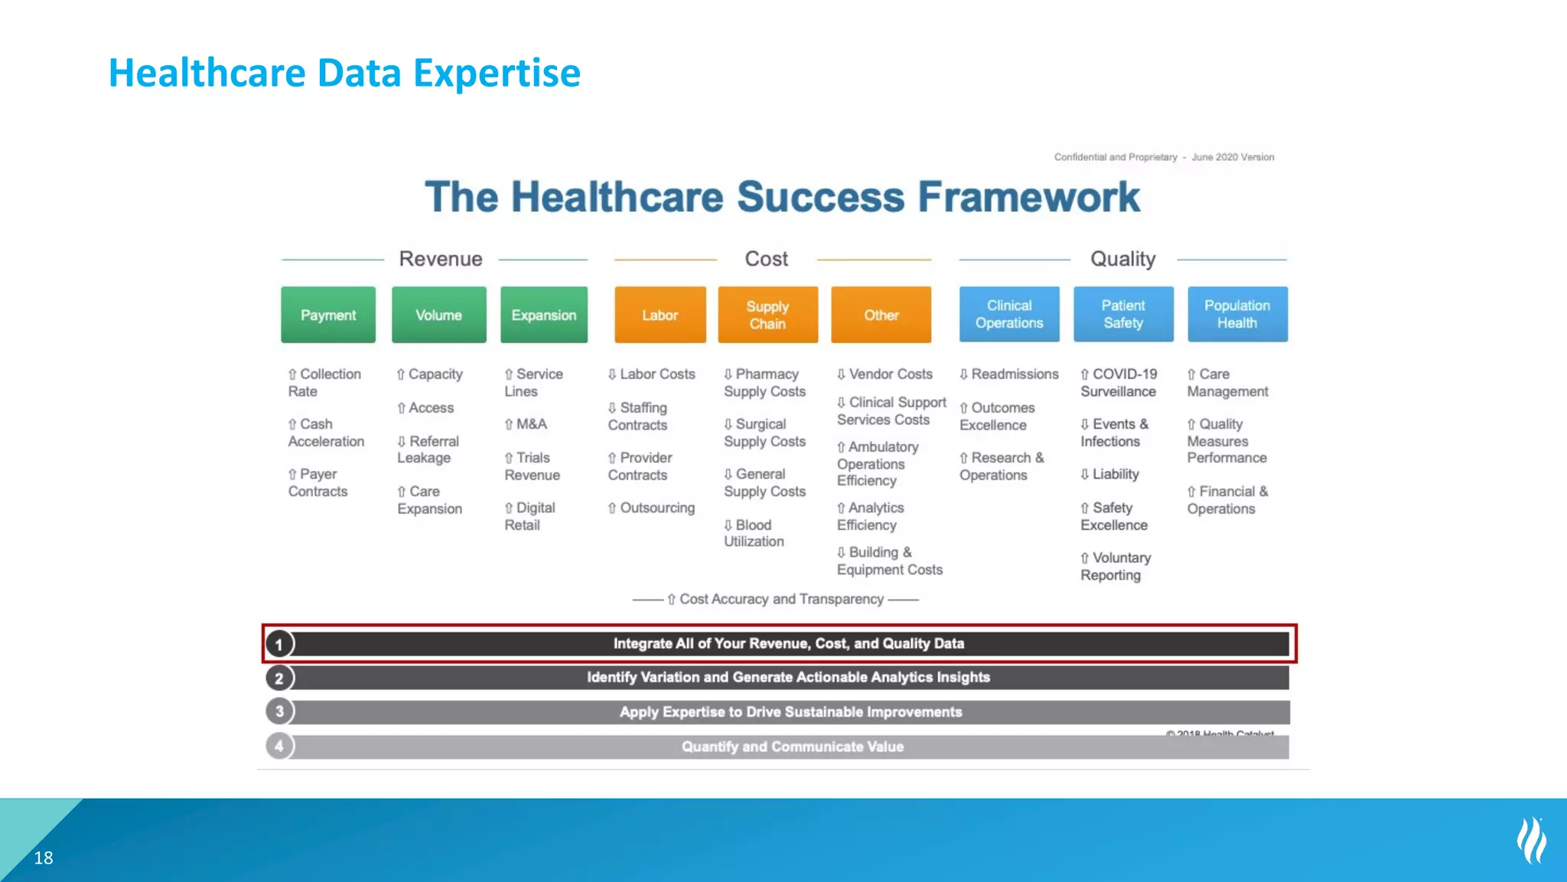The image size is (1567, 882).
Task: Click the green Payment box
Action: point(327,315)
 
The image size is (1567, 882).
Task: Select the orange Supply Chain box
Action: point(767,315)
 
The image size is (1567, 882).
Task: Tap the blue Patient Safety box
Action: point(1122,314)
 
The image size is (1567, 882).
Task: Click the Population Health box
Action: point(1236,314)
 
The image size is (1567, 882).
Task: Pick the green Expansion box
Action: point(543,315)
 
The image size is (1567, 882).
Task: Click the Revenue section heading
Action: point(440,259)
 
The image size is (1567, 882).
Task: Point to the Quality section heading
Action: point(1122,259)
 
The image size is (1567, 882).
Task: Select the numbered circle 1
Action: point(279,644)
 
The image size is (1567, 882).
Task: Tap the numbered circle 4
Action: point(279,746)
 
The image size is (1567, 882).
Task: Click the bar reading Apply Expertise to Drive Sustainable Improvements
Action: point(790,712)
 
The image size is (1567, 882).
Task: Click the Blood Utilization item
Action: point(753,533)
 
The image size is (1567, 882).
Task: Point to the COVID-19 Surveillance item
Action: point(1118,382)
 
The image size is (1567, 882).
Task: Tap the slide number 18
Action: point(44,857)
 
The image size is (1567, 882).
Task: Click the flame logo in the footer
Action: point(1531,841)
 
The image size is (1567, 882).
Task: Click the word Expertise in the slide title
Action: point(497,73)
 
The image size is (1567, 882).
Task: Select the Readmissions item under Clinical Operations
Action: point(1009,374)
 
